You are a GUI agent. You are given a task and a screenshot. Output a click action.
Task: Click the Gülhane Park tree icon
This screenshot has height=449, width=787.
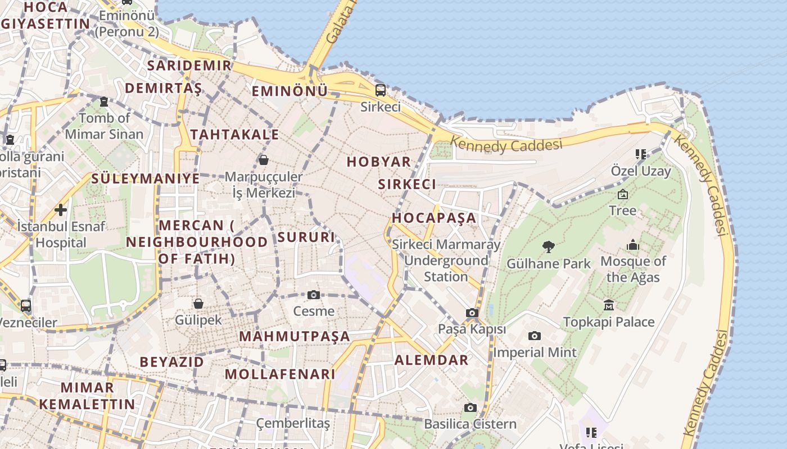(549, 246)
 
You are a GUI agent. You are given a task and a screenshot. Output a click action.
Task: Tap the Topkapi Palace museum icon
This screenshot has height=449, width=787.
(608, 305)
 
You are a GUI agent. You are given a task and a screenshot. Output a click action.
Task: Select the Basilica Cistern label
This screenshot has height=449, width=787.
(470, 424)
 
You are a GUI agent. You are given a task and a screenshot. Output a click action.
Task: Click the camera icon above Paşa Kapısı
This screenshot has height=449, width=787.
(472, 313)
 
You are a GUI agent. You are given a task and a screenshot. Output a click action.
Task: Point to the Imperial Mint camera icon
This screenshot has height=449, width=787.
(535, 336)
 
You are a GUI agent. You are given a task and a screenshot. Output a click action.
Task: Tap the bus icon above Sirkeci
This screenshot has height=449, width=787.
(381, 90)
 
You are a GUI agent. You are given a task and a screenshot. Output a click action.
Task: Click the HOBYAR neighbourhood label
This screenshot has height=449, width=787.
(378, 162)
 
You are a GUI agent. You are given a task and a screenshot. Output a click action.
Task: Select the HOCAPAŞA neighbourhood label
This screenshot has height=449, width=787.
(433, 218)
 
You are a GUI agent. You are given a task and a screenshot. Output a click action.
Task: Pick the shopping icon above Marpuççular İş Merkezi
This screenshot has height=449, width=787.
(263, 161)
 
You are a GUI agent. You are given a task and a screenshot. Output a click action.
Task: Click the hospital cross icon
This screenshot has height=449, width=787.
(61, 210)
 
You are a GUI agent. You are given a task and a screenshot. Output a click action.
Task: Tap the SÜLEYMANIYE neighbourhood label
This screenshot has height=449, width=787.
(145, 179)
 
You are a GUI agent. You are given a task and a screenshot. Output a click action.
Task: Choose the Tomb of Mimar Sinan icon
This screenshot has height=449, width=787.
(104, 102)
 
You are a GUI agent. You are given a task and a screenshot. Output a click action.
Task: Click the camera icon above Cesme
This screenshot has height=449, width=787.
(314, 295)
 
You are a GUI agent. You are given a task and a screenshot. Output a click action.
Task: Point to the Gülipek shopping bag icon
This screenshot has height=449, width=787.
(198, 304)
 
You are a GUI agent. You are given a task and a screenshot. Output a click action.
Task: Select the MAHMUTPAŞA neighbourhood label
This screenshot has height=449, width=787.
(295, 337)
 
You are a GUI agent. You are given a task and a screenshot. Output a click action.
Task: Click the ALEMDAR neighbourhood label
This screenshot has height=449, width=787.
(431, 360)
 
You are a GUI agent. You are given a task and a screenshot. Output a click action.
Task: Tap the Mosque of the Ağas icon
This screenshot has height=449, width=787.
(633, 245)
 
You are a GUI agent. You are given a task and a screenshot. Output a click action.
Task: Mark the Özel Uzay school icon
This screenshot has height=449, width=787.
(640, 154)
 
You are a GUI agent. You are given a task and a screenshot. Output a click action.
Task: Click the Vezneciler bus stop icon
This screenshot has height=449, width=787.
(26, 306)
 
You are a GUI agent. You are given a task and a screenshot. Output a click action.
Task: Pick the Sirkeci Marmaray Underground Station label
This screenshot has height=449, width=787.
(446, 260)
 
